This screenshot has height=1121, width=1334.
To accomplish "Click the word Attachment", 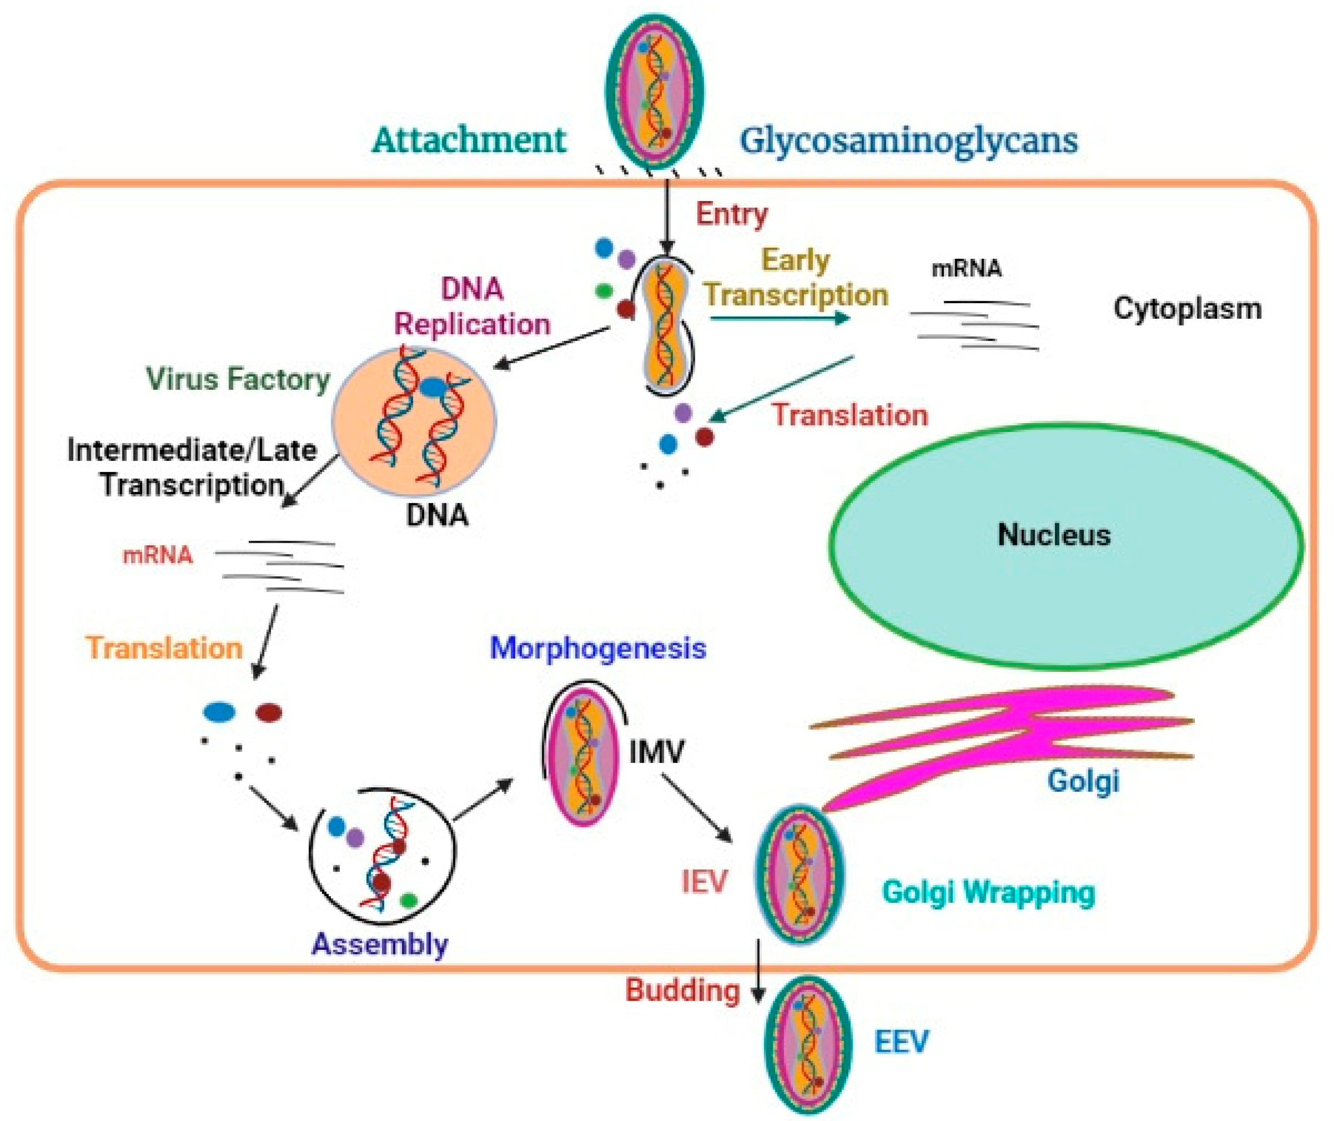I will [x=469, y=140].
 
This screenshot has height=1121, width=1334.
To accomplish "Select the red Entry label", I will [x=732, y=214].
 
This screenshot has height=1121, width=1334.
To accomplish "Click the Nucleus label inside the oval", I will [x=1054, y=535].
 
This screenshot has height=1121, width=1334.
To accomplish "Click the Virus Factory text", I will [x=238, y=380].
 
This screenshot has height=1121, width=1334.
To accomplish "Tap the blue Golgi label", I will [x=1083, y=781].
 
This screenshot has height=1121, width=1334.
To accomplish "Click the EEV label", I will [x=901, y=1042].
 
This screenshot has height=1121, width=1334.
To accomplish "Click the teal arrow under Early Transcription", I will [x=780, y=317].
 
